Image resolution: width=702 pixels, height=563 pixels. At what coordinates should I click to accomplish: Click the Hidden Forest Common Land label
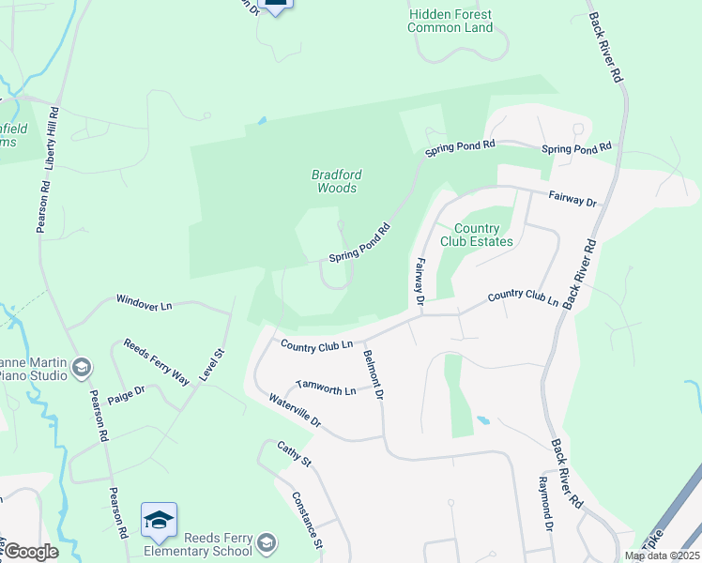pos(450,22)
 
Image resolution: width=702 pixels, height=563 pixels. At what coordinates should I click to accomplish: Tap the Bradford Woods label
pos(336,181)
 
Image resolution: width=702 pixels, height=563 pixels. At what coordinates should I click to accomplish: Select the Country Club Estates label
pos(483,235)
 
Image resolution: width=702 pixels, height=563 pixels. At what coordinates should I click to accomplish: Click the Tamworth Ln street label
pos(326,386)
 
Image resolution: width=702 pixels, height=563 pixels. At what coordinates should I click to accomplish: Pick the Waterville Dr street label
pos(295,410)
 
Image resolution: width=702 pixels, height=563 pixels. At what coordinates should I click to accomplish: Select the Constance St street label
pos(307,520)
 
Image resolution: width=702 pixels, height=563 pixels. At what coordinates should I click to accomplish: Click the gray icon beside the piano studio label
pos(82,367)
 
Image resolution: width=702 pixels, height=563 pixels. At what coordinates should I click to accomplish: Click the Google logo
pos(31,552)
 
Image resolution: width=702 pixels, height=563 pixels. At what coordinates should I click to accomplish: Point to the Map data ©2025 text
pos(661,555)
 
